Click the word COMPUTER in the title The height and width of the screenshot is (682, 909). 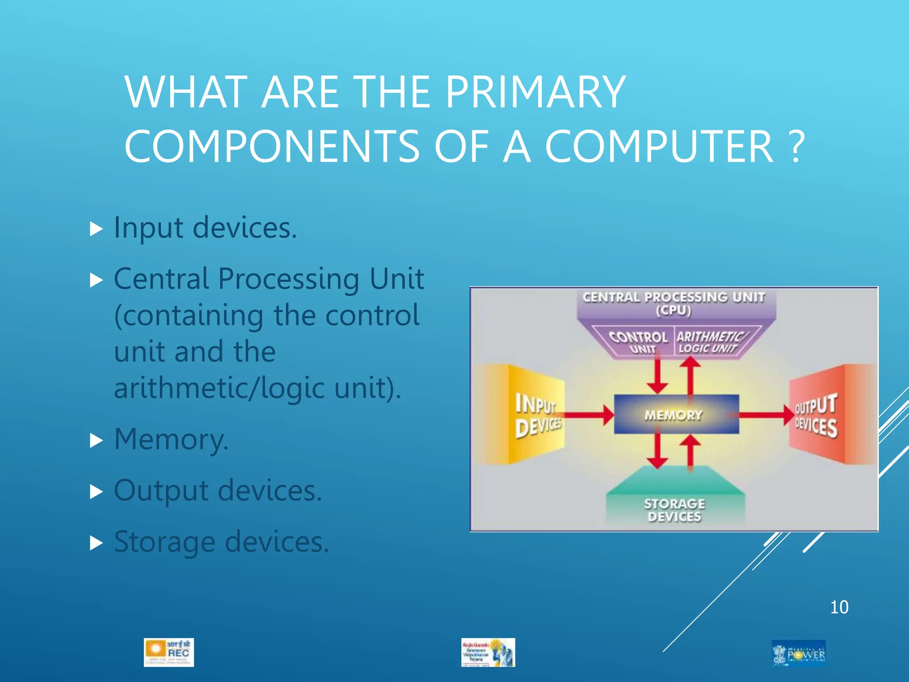point(659,147)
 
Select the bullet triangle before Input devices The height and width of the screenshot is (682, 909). point(96,229)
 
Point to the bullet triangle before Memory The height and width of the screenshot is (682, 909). point(96,440)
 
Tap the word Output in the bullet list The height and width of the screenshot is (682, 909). point(161,491)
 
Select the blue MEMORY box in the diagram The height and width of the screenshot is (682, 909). point(676,415)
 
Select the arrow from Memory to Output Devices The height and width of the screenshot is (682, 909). point(766,415)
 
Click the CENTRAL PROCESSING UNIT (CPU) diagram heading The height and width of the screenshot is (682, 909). point(674,303)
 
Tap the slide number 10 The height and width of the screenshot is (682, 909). point(839,607)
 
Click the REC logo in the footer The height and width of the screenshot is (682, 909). point(169,652)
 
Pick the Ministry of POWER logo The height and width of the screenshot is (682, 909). point(799,653)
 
